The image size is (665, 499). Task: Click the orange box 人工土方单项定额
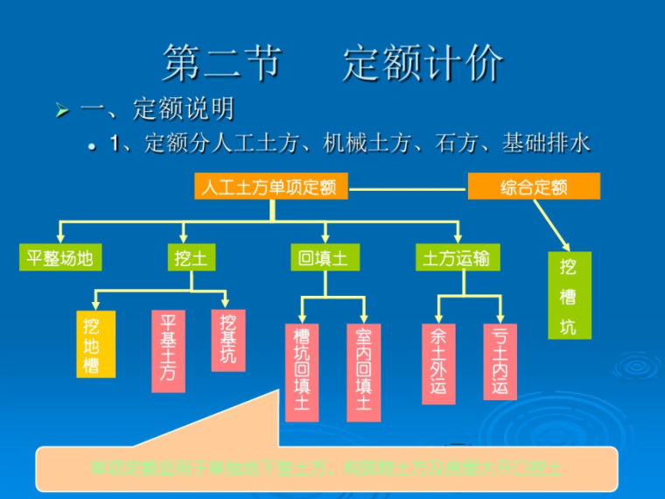(270, 186)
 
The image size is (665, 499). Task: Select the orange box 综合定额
(534, 186)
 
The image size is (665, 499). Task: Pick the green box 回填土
(323, 257)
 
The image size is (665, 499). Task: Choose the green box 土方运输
(457, 257)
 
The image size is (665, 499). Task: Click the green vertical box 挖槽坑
(569, 296)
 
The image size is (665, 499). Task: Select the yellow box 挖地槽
(95, 344)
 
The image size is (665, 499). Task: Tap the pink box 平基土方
(168, 350)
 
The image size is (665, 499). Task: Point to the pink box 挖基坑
(228, 340)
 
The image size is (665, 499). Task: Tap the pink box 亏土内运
(500, 362)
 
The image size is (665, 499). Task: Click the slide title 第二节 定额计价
(332, 63)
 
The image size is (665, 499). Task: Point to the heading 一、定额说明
(157, 109)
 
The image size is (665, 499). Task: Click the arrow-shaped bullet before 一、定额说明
(61, 111)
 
